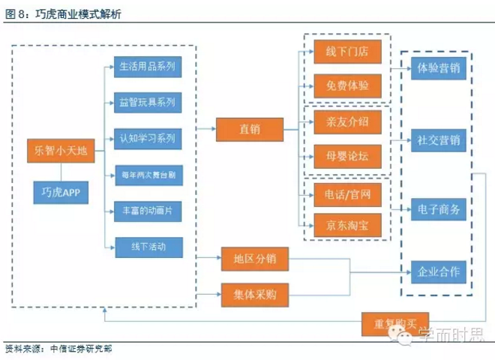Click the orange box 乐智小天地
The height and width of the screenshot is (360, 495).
point(61,151)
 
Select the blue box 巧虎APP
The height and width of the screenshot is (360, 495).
point(61,193)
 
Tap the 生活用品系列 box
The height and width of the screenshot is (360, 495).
point(147,66)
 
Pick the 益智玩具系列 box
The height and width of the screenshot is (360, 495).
point(147,102)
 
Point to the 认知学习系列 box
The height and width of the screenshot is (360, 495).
point(147,138)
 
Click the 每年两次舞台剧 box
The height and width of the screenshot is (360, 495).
point(147,175)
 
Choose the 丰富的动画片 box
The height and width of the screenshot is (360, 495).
point(147,211)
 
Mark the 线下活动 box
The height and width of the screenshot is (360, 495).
point(147,247)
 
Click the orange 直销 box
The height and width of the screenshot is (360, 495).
point(250,130)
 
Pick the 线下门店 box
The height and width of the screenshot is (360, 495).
point(347,52)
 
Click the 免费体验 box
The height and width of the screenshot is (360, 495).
point(347,85)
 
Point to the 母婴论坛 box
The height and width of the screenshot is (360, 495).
point(347,156)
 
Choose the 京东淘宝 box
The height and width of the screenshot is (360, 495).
point(347,224)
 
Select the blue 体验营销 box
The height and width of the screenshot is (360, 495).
point(439,68)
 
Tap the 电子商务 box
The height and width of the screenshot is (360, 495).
point(439,209)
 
